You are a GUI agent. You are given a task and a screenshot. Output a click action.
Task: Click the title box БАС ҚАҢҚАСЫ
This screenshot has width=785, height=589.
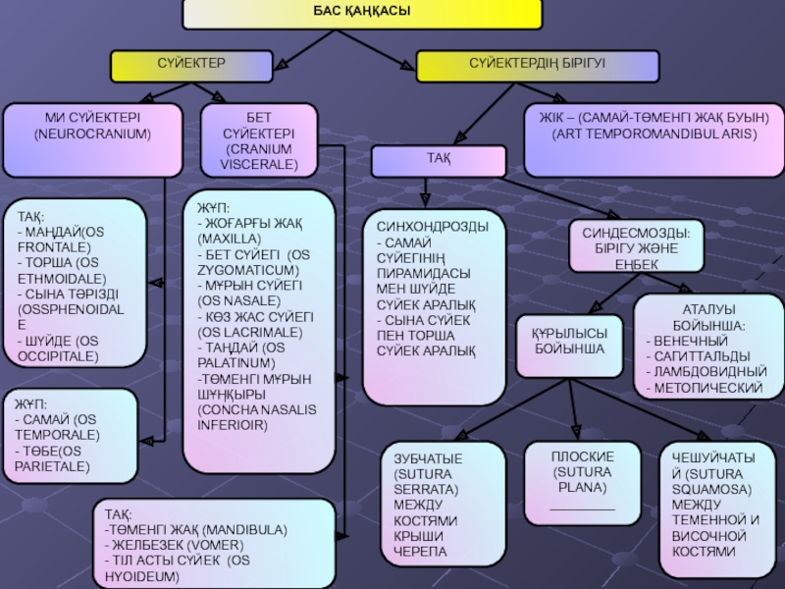[362, 13]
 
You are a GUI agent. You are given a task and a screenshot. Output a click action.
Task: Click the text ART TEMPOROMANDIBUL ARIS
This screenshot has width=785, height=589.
[654, 132]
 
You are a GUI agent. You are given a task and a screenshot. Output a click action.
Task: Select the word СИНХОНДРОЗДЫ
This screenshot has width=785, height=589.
[433, 226]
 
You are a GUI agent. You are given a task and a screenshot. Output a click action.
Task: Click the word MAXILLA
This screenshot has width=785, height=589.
[229, 239]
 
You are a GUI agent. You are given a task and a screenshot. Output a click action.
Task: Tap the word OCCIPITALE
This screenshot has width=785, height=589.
[56, 356]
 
